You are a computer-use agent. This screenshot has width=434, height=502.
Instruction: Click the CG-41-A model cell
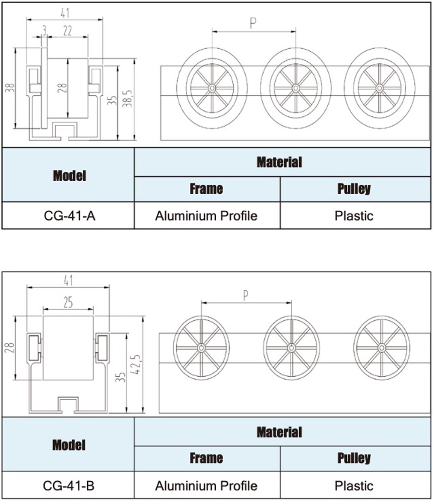tap(69, 216)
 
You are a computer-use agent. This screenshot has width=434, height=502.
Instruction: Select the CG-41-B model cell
tap(69, 486)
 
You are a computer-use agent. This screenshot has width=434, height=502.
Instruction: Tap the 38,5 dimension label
tap(127, 99)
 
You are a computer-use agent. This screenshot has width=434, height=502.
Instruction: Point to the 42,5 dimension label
tap(137, 364)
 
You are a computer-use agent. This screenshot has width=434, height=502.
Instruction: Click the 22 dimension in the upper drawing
tap(67, 31)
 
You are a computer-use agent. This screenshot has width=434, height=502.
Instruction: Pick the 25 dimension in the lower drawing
tap(68, 303)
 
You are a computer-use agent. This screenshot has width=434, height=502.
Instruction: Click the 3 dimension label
tap(44, 31)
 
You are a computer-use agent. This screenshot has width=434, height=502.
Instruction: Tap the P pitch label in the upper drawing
tap(253, 23)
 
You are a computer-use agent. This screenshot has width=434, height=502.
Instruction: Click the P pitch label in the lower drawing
tap(246, 296)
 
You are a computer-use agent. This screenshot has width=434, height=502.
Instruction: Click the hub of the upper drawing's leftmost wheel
tap(212, 88)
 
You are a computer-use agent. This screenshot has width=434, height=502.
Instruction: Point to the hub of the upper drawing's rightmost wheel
tap(379, 88)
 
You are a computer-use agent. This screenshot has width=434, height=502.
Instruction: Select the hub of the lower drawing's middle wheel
tap(291, 348)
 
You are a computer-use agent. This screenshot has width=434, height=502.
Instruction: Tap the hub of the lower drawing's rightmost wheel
tap(382, 348)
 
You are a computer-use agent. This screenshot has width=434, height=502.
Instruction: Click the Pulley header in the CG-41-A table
tap(354, 189)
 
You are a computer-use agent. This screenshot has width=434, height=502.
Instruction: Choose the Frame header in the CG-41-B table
tap(206, 458)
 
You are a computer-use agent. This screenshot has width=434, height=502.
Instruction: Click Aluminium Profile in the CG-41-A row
tap(206, 216)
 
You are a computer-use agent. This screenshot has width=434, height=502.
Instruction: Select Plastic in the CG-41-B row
tap(354, 486)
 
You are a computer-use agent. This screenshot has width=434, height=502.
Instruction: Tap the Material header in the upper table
tap(279, 162)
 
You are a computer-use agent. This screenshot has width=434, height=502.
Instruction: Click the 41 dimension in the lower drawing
tap(68, 281)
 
